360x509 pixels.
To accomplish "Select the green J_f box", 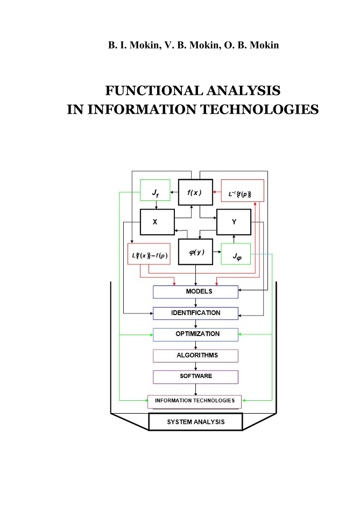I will pos(155,191).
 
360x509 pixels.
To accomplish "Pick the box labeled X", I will pos(156,221).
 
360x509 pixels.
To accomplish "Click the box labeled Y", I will pos(234,221).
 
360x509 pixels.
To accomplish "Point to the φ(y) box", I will pos(195,253).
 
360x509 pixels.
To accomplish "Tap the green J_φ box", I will pos(236,253).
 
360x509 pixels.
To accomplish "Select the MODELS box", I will pos(195,291).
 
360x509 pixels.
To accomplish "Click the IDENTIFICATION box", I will pos(195,313).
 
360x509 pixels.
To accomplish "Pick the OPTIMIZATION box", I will pos(195,334).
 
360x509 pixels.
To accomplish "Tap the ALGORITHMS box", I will pos(195,355).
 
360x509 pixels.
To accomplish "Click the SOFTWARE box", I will pos(195,376).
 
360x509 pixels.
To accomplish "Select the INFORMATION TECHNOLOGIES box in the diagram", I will pos(195,401).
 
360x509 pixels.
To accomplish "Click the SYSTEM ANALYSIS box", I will pos(195,422).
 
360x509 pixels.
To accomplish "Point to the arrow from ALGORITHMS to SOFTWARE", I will pos(195,366).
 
